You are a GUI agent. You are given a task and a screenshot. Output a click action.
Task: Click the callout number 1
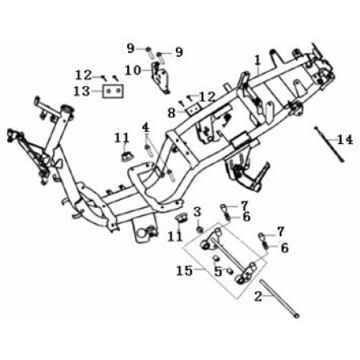point(257,61)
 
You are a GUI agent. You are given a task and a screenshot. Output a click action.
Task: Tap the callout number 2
point(258,296)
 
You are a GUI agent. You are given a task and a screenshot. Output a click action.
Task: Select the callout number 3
point(197,212)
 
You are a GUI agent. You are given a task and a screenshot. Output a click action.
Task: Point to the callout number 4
point(146,128)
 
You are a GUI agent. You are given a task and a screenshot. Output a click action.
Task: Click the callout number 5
point(218,271)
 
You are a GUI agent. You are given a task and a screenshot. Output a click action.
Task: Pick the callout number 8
point(172,113)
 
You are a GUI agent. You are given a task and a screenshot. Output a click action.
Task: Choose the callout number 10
point(133,70)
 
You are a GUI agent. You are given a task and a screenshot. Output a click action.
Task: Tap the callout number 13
point(82,91)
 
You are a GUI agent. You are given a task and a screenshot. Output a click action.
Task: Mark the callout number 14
point(345,140)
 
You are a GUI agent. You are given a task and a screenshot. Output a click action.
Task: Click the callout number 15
point(184,271)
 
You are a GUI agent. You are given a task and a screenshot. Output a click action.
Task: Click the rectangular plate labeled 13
point(113,91)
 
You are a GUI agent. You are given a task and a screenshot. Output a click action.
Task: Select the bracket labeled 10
point(160,77)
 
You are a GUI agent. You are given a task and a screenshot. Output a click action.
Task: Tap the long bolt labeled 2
point(279,298)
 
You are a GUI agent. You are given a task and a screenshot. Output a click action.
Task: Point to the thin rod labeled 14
point(330,144)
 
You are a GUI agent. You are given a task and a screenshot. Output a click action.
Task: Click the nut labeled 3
point(199,229)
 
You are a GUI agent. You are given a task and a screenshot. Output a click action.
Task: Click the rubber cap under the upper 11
point(127,156)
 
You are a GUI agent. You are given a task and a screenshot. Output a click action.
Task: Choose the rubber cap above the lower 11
point(182,219)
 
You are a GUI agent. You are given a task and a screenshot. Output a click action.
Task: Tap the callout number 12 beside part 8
point(207,97)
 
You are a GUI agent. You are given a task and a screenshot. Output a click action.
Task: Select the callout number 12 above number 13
point(83,75)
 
